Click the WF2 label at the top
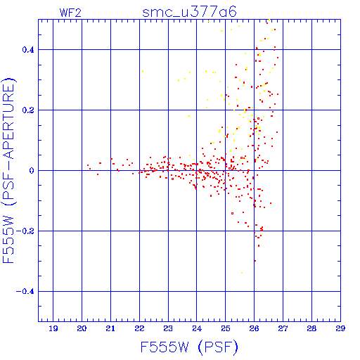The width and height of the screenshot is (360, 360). pyautogui.click(x=70, y=13)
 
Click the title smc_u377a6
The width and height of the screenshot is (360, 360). pyautogui.click(x=189, y=12)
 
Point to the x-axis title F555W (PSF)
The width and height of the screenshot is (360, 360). pyautogui.click(x=189, y=347)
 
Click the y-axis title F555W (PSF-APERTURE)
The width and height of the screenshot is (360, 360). pyautogui.click(x=8, y=171)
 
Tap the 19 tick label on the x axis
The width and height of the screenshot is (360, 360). pyautogui.click(x=53, y=328)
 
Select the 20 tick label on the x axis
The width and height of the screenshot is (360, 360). pyautogui.click(x=82, y=328)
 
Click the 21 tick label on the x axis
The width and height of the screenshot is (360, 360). pyautogui.click(x=110, y=328)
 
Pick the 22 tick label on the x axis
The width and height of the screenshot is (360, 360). pyautogui.click(x=139, y=328)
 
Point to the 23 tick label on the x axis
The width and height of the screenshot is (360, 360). pyautogui.click(x=168, y=328)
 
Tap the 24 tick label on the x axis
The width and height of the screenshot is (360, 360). pyautogui.click(x=197, y=328)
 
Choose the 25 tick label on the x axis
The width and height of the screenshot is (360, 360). pyautogui.click(x=226, y=328)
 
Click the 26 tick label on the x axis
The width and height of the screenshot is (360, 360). pyautogui.click(x=255, y=328)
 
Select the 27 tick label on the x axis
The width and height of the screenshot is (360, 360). pyautogui.click(x=283, y=328)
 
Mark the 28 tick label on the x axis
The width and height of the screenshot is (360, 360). pyautogui.click(x=311, y=328)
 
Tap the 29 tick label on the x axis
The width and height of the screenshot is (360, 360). pyautogui.click(x=340, y=328)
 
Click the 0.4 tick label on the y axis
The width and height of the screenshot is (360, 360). pyautogui.click(x=28, y=50)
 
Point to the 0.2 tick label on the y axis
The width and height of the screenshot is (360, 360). pyautogui.click(x=28, y=110)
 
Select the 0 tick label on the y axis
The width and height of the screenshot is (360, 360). pyautogui.click(x=32, y=171)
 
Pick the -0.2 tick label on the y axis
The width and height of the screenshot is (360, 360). pyautogui.click(x=25, y=231)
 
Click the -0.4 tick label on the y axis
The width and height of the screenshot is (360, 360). pyautogui.click(x=25, y=292)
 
